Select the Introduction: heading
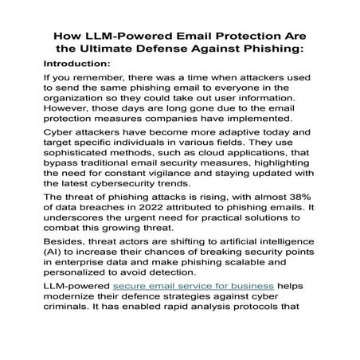coord(76,64)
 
